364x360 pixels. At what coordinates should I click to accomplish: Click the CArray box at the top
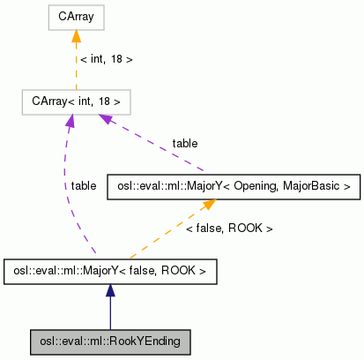tap(76, 17)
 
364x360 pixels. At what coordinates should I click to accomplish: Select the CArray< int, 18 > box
tap(76, 102)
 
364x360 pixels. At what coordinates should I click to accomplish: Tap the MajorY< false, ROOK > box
tap(110, 271)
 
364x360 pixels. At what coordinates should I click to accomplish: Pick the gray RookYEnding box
tap(110, 340)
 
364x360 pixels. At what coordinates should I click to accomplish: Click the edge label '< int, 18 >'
tap(106, 60)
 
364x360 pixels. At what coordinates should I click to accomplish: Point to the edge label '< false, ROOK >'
tap(229, 229)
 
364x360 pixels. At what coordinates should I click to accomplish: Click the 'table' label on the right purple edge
tap(185, 143)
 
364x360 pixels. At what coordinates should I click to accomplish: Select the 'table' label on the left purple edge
tap(84, 186)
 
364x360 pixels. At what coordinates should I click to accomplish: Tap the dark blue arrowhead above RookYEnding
tap(110, 290)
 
